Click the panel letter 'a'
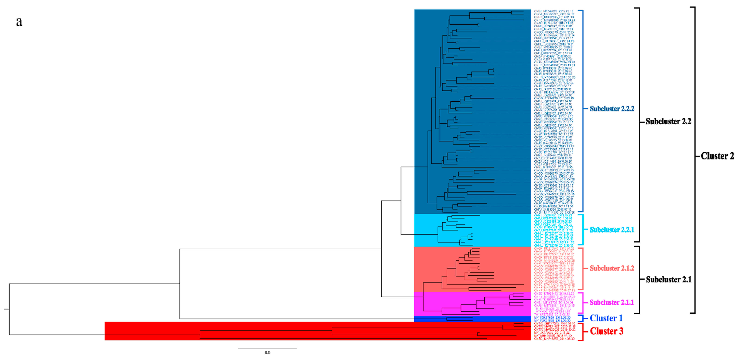19,22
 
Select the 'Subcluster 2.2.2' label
612,109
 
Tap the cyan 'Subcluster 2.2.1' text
612,230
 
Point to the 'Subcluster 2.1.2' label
612,268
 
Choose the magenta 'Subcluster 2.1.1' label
612,302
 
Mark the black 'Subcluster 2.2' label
668,121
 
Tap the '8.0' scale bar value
267,352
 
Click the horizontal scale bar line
267,348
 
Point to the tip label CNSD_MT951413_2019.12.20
554,294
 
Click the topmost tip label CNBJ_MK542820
554,11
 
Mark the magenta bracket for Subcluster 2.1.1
582,302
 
